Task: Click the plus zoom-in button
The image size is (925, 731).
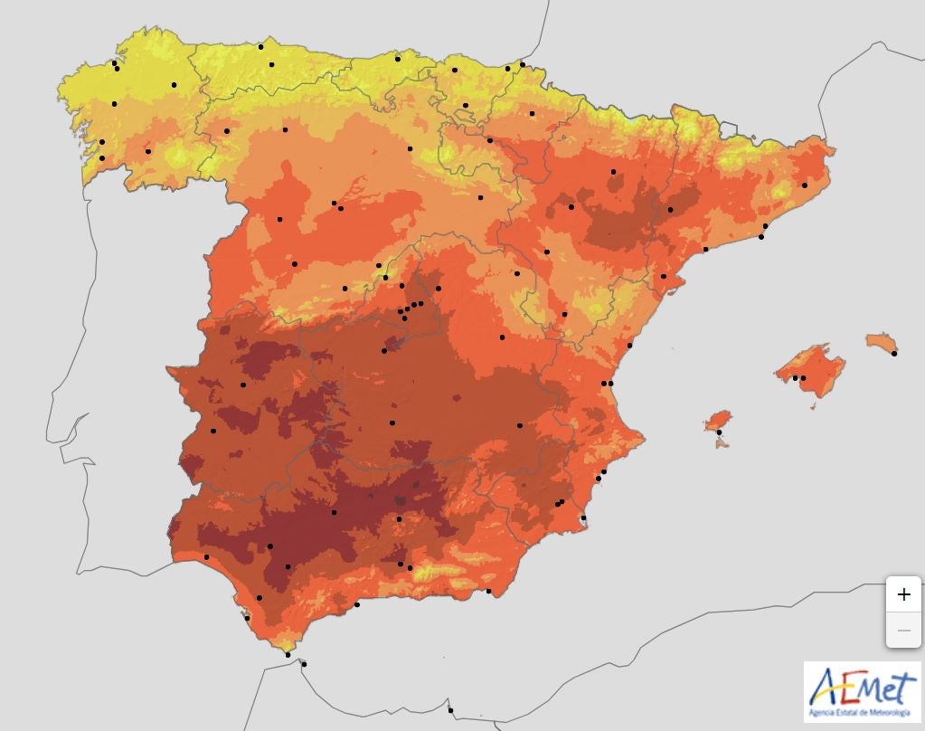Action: (903, 594)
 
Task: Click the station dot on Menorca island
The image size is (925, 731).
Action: (894, 354)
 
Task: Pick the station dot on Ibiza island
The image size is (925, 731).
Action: (719, 432)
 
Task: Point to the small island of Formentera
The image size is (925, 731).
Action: (722, 444)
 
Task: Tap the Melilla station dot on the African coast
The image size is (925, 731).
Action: (450, 709)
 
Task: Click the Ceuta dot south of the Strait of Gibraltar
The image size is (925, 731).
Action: (304, 664)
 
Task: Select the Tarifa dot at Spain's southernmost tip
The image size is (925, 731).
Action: (288, 654)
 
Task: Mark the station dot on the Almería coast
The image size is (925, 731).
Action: (489, 592)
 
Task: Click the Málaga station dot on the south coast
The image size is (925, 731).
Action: (357, 604)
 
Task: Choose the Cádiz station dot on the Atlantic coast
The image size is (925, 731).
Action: (247, 618)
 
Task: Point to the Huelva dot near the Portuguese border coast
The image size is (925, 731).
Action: (206, 556)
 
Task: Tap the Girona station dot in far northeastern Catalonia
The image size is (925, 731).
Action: (805, 185)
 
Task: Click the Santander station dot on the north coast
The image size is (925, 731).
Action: (398, 59)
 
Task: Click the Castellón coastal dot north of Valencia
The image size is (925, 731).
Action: (630, 346)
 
